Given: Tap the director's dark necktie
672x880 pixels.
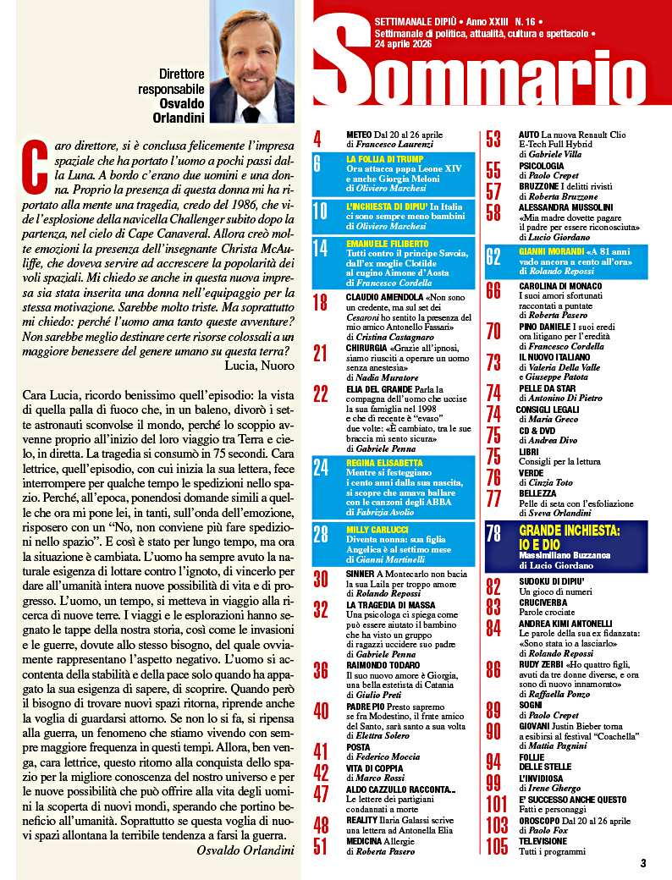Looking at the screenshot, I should click(x=251, y=114).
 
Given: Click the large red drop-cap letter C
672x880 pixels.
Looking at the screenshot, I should click(x=36, y=162).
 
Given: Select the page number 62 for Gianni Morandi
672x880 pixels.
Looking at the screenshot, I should click(x=493, y=258).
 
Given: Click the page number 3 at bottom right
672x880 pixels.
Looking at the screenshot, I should click(x=643, y=863).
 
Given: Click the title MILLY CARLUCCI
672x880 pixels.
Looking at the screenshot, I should click(x=377, y=530).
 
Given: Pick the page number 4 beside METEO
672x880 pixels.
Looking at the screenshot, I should click(x=317, y=138).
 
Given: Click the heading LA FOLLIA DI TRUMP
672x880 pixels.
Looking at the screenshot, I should click(x=386, y=158).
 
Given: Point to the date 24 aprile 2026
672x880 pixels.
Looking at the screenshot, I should click(x=402, y=44).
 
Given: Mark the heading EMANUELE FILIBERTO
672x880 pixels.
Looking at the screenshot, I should click(x=386, y=244).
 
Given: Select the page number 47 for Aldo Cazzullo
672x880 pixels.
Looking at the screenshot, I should click(x=321, y=794).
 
